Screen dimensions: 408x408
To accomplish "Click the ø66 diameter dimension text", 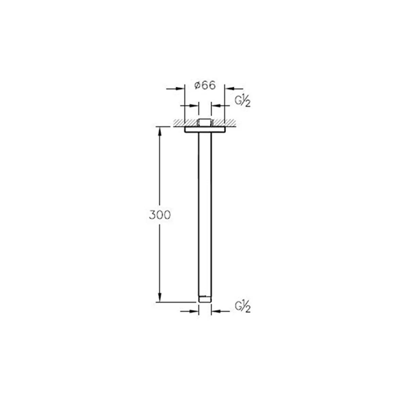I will (205, 85).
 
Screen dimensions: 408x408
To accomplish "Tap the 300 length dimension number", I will (159, 215).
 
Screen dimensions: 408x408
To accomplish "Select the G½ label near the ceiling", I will (243, 101).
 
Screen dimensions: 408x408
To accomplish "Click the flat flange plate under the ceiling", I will (205, 130).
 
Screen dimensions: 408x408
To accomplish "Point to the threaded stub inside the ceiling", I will (205, 123).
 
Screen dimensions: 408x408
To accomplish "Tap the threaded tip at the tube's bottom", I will (205, 299).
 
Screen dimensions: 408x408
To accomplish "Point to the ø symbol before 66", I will (197, 86).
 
